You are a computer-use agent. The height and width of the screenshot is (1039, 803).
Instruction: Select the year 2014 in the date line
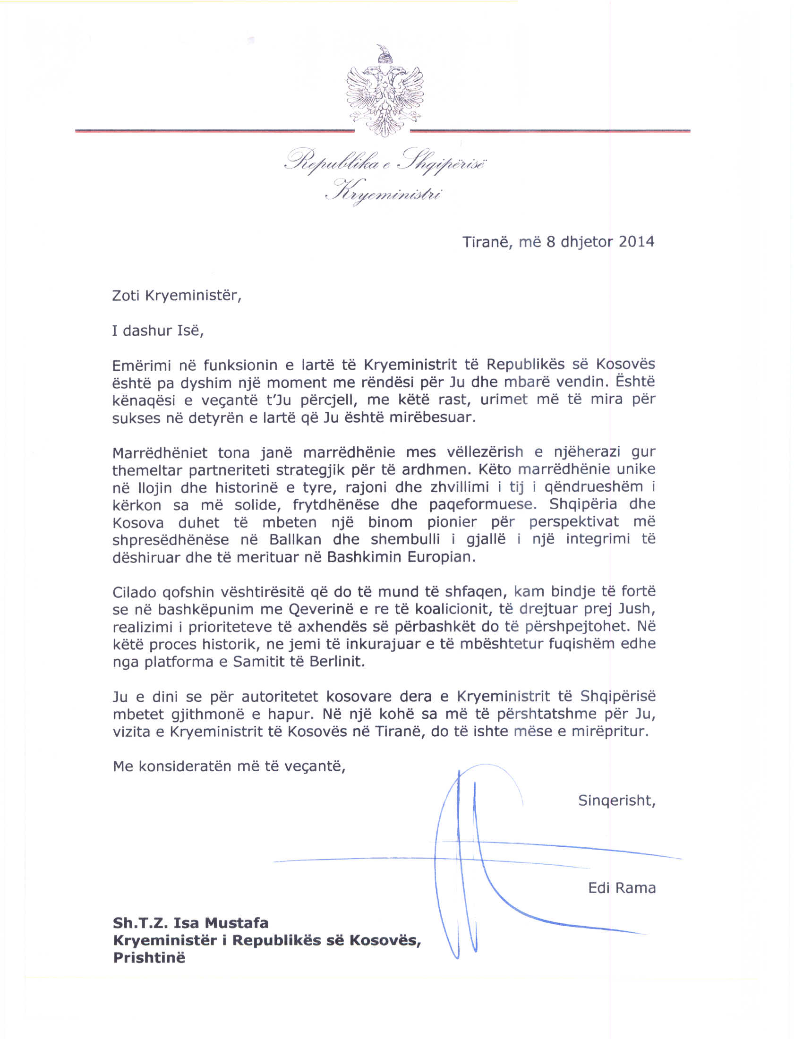tap(636, 242)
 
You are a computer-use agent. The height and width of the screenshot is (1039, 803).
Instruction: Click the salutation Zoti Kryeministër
tap(176, 296)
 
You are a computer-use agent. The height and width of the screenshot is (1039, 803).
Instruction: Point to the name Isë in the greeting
tap(190, 331)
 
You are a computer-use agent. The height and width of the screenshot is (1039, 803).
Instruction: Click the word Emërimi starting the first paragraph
tap(141, 366)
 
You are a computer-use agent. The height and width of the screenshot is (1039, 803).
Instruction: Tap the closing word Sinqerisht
tap(616, 801)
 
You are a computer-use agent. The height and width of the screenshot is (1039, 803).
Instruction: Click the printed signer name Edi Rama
tap(622, 888)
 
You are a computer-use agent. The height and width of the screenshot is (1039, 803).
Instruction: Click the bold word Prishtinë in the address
tap(149, 958)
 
